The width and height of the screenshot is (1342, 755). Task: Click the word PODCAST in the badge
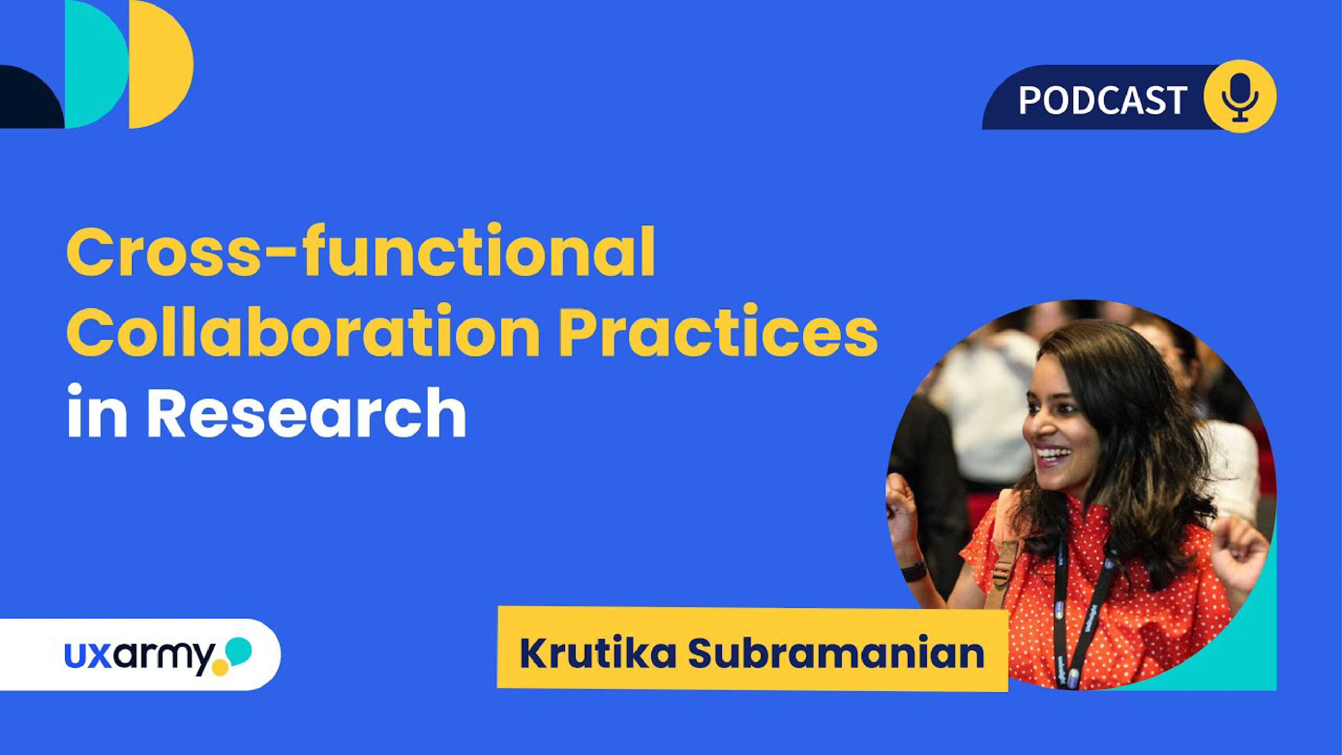coord(1102,100)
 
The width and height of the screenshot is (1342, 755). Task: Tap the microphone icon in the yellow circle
coord(1240,97)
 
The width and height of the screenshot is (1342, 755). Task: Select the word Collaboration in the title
coord(304,331)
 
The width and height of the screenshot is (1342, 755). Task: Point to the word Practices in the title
coord(718,331)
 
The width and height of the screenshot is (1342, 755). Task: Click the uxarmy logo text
coord(139,656)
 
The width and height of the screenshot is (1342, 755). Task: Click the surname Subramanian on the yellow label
coord(836,653)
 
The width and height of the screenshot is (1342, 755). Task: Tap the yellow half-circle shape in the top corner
coord(161,64)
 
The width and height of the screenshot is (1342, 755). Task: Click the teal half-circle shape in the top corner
coord(96,64)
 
